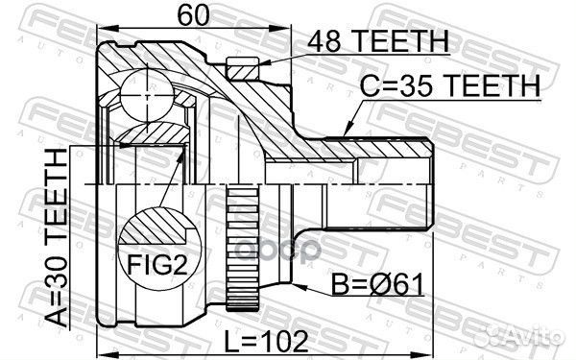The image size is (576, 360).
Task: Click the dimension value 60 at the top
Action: pos(193,15)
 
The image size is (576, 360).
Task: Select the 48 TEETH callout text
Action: pos(378,40)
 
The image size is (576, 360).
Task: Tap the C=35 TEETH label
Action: pos(449,85)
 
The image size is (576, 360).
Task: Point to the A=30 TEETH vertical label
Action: pos(57,237)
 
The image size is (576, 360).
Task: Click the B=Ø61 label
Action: pos(378,284)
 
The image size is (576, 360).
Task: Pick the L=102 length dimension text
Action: pos(266,341)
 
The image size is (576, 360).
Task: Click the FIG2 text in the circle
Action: pos(157,264)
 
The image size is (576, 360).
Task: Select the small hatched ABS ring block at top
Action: pos(243,68)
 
